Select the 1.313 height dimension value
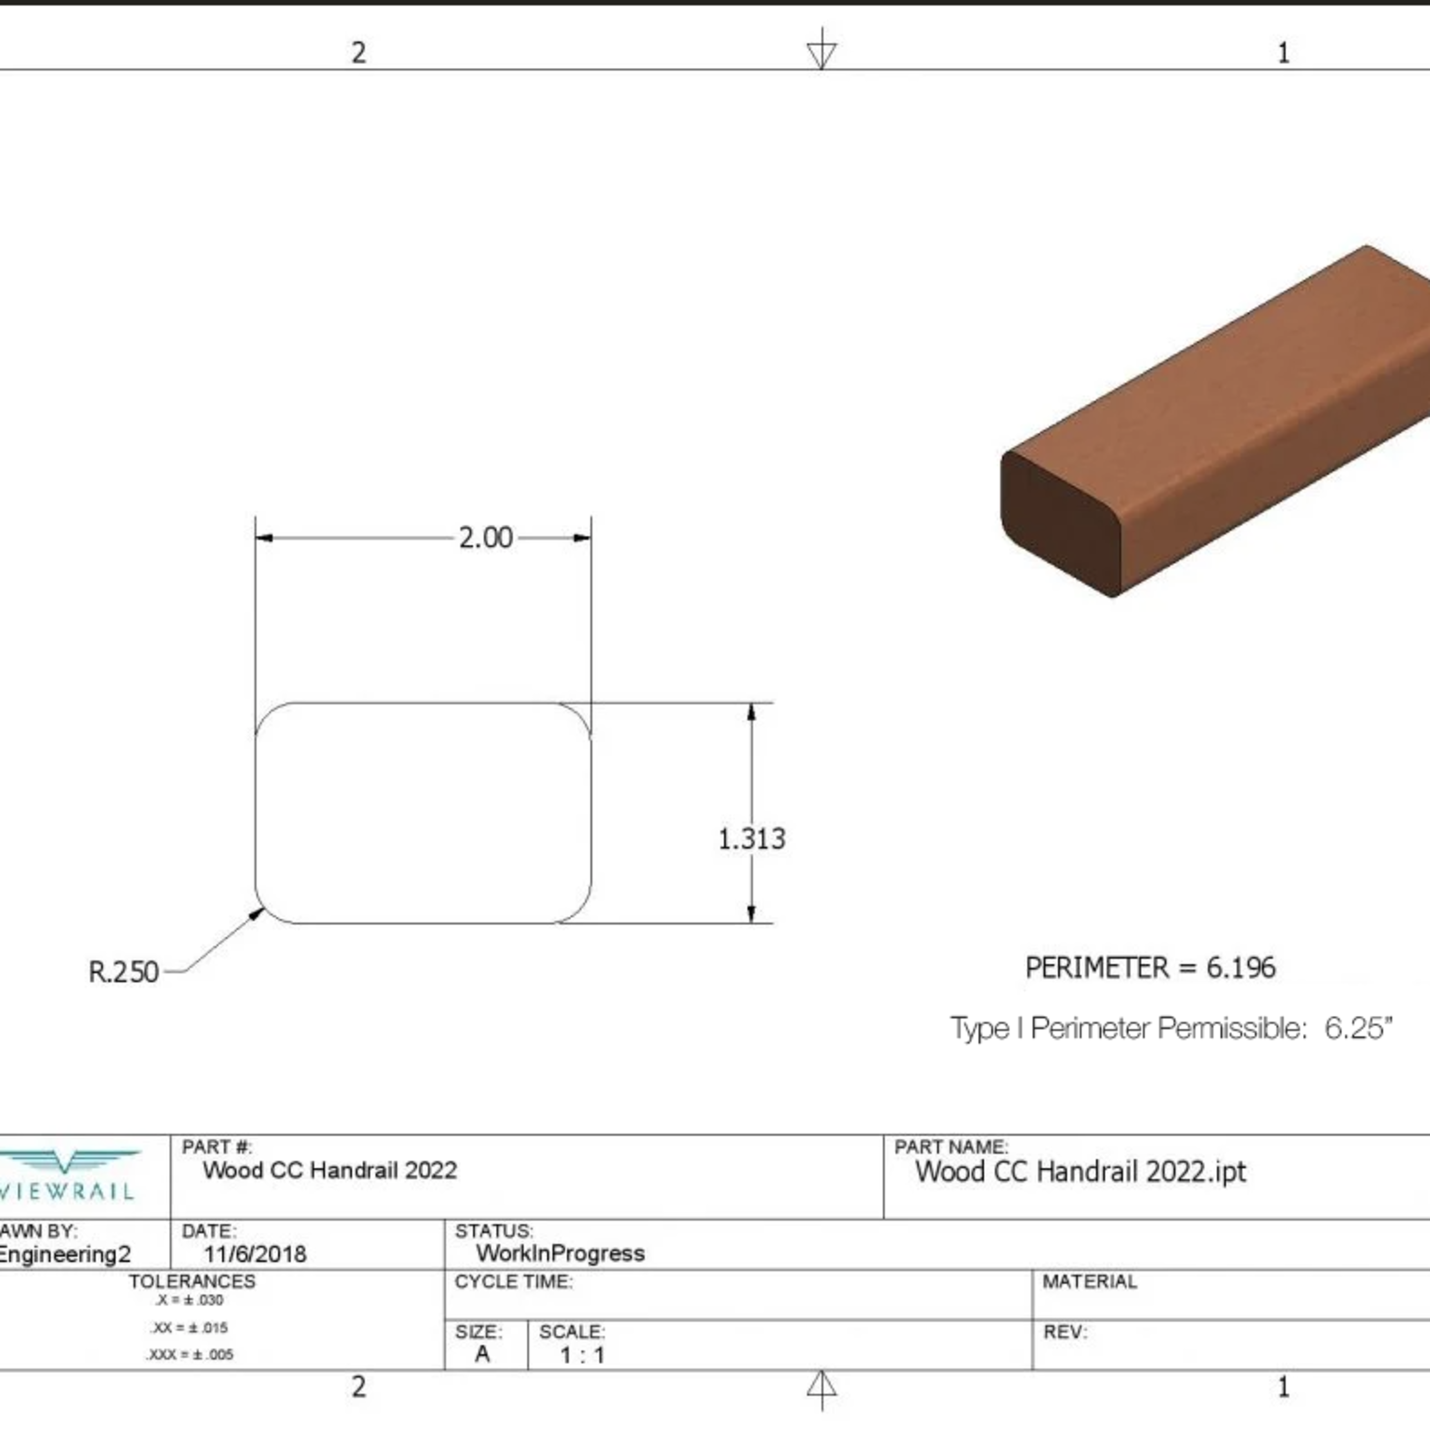pos(751,838)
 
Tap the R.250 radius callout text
pos(123,972)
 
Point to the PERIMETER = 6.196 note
pos(1150,968)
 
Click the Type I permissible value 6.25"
pos(1358,1028)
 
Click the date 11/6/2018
pos(255,1254)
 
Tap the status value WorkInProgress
pos(560,1253)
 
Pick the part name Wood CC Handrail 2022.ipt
pos(1081,1172)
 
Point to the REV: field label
pos(1065,1332)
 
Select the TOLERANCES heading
pos(192,1281)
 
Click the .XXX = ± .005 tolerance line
pos(190,1355)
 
